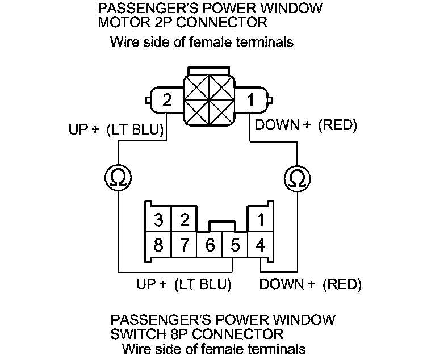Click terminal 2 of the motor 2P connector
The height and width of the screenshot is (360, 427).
pyautogui.click(x=166, y=101)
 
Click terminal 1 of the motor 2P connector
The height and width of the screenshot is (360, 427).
pyautogui.click(x=250, y=101)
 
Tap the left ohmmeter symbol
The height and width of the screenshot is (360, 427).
pyautogui.click(x=118, y=178)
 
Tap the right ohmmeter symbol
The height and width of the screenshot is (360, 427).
pyautogui.click(x=296, y=178)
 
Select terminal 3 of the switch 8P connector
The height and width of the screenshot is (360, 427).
pyautogui.click(x=158, y=219)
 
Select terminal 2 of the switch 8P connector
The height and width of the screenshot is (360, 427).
pyautogui.click(x=184, y=219)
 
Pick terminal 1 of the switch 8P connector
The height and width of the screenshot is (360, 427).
pyautogui.click(x=260, y=219)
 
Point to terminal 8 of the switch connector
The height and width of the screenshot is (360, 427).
pyautogui.click(x=158, y=246)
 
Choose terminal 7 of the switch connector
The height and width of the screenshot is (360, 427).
pyautogui.click(x=184, y=246)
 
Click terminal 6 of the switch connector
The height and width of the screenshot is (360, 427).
pyautogui.click(x=210, y=246)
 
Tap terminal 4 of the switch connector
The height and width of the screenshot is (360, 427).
pyautogui.click(x=260, y=246)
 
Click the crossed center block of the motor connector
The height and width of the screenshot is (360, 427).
pyautogui.click(x=208, y=101)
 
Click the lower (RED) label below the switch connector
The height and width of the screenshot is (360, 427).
pyautogui.click(x=342, y=284)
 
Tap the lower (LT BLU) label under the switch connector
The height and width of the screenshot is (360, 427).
pyautogui.click(x=203, y=284)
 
